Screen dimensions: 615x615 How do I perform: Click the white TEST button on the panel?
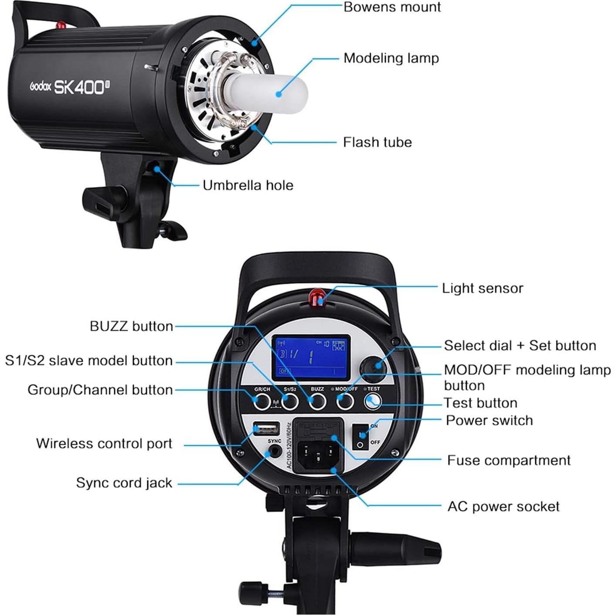coord(373,401)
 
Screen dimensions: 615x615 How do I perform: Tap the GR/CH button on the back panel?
coord(262,401)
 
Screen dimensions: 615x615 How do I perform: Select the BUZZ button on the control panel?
coord(317,401)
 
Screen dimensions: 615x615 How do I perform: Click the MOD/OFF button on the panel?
coord(345,401)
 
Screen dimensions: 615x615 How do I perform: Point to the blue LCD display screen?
coord(311,357)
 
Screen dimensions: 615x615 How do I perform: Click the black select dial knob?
coord(374,366)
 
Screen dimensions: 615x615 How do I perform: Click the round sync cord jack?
coord(274,452)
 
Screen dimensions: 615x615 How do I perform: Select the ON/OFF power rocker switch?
coord(361,437)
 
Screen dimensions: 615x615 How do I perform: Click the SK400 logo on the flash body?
coord(81,87)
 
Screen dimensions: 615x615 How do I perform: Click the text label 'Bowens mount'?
coord(392,7)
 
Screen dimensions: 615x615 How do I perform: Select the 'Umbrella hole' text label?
coord(248,185)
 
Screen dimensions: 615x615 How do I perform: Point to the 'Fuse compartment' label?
coord(509,460)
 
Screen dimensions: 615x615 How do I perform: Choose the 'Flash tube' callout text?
coord(377,142)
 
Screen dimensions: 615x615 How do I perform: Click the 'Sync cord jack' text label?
coord(124,483)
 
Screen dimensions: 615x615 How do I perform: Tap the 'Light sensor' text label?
coord(482,288)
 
